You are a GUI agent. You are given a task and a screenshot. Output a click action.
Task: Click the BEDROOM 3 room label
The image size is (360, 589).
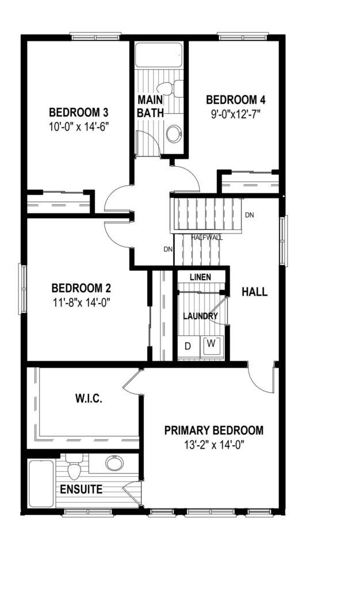79,112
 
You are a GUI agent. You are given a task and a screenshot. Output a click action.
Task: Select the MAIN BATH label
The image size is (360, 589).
150,106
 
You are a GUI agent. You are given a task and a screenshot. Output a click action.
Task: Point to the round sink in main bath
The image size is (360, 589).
174,133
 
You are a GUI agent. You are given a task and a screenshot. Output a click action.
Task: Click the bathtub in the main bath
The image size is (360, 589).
159,55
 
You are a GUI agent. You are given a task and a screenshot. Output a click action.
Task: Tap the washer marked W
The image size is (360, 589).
212,344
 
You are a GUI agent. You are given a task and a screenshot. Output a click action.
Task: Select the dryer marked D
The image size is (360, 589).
188,346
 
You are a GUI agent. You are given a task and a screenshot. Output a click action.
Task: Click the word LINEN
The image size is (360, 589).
201,277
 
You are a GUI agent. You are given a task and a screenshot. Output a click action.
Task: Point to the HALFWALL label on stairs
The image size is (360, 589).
207,238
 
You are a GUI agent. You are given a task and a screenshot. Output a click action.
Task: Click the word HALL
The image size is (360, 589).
255,292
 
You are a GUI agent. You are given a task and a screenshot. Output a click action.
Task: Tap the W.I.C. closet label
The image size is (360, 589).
89,399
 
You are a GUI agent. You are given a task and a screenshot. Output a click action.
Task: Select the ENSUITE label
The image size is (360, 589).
81,489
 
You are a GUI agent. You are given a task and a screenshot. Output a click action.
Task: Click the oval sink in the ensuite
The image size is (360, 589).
114,463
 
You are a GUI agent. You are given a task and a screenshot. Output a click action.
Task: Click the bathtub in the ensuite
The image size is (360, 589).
41,483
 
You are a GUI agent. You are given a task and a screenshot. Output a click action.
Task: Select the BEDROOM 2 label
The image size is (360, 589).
81,288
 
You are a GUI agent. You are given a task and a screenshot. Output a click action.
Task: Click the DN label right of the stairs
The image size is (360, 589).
249,215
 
